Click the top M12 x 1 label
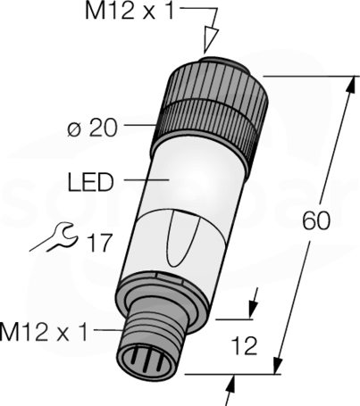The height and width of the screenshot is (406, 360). [x=130, y=12]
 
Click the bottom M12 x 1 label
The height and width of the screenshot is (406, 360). [x=44, y=332]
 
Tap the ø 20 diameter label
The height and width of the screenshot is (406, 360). [x=93, y=128]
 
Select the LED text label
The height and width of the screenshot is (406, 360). [x=91, y=182]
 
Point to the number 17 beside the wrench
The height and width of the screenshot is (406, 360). [x=99, y=243]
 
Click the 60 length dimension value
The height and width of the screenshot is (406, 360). [x=316, y=221]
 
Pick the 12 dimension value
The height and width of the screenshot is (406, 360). [x=244, y=345]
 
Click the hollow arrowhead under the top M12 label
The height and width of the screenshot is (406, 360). [x=211, y=40]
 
